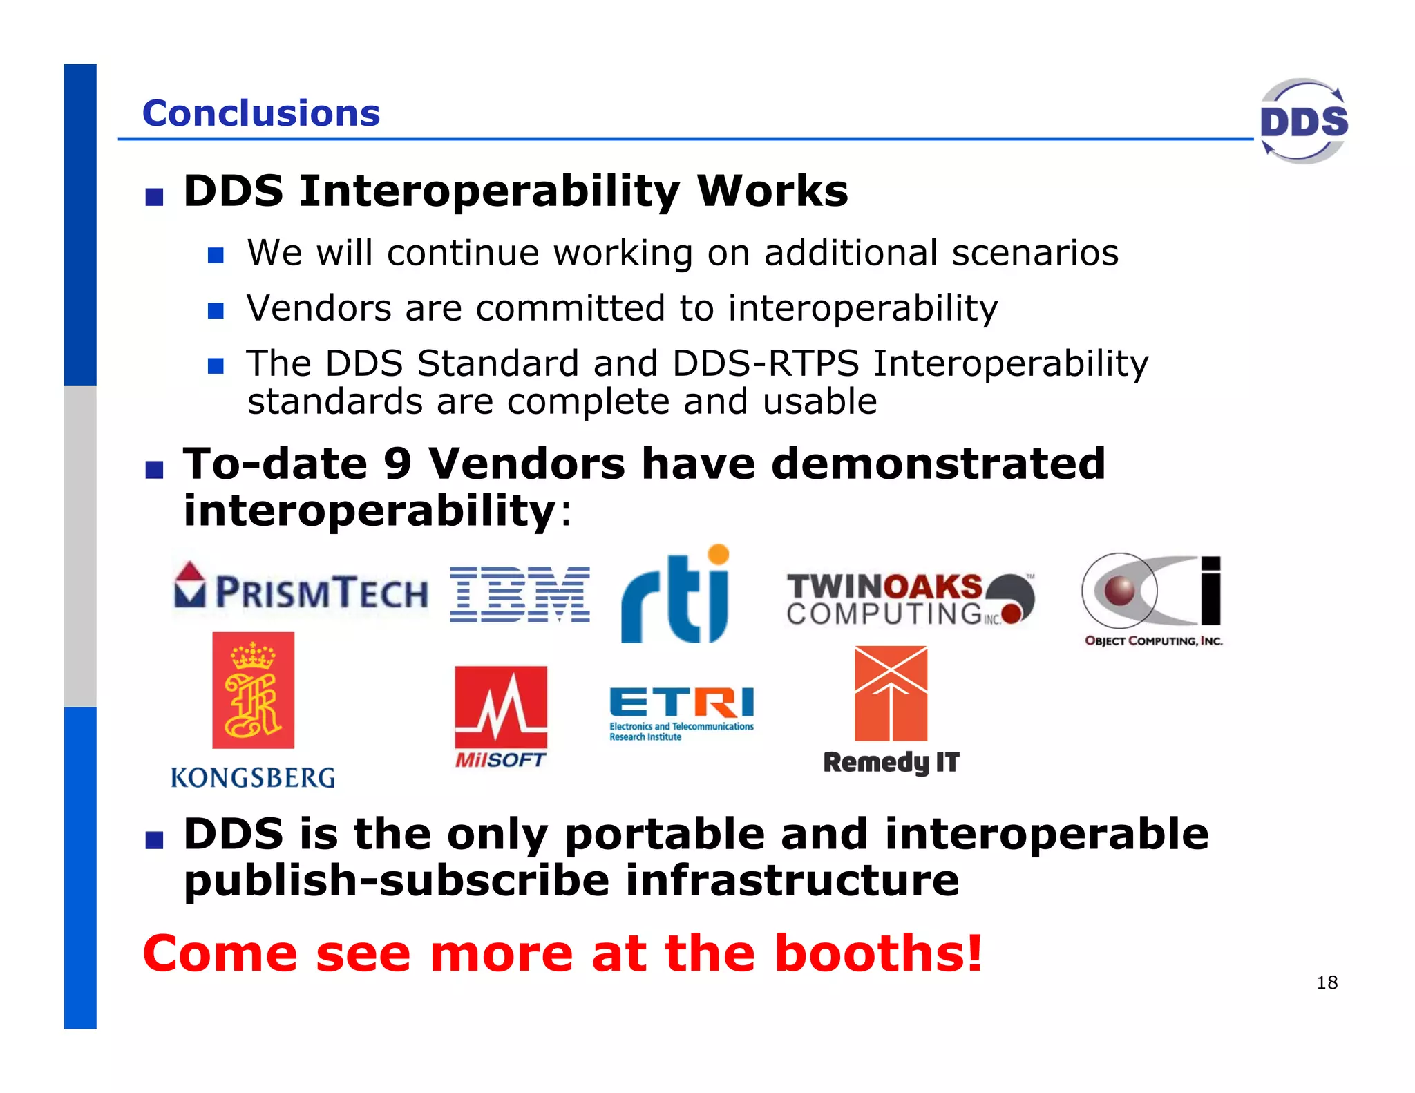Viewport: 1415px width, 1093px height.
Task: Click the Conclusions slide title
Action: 260,113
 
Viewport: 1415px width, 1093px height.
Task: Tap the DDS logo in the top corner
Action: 1303,122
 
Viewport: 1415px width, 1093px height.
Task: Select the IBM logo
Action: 520,594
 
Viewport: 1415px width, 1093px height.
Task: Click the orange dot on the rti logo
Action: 719,554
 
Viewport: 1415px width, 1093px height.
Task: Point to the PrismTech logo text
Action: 321,593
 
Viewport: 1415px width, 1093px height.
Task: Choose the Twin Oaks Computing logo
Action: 909,599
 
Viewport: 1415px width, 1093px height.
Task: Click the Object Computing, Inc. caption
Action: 1153,640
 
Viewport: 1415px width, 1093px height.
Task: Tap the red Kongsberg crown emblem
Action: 253,690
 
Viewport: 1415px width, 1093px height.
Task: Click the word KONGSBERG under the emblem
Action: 253,778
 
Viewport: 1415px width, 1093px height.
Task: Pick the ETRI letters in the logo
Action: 681,703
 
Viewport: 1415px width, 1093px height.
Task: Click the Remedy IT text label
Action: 891,762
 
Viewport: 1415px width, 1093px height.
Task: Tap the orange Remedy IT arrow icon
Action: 891,693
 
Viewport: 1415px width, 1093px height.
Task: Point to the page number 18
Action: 1327,982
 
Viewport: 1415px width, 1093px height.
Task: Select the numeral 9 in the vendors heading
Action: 397,464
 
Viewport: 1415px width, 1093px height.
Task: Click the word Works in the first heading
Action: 772,191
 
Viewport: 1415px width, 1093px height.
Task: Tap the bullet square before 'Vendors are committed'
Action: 216,310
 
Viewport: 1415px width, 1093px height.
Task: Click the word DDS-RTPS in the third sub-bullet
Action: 766,363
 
